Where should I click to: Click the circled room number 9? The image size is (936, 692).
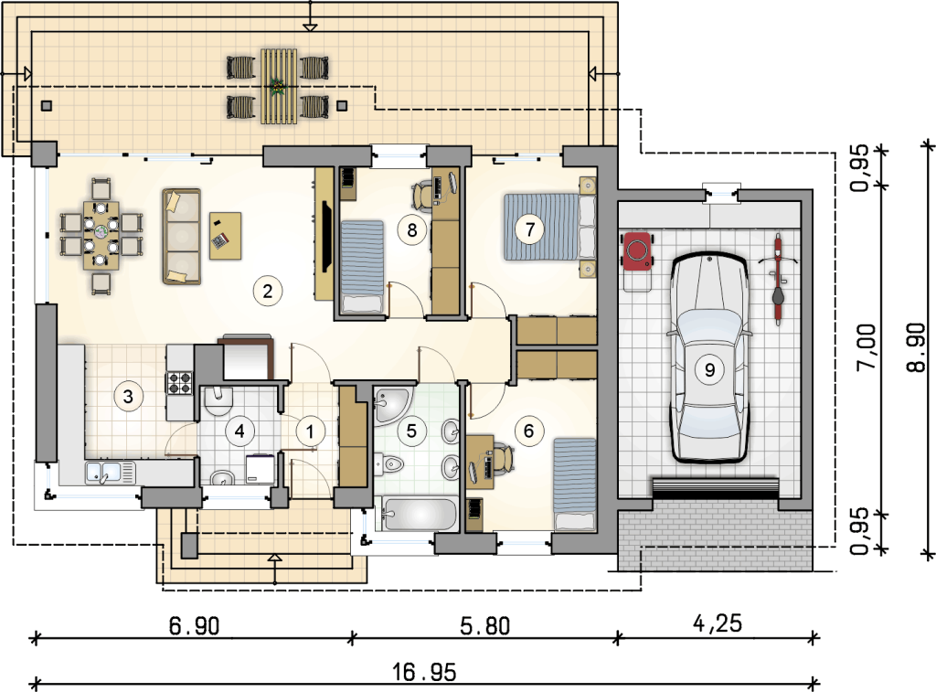709,369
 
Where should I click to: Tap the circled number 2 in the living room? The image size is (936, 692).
267,291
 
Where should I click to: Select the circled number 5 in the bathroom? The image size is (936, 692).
411,431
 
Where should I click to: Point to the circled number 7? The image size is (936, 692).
529,229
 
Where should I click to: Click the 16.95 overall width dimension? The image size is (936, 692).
424,672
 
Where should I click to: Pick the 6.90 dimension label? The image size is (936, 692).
194,626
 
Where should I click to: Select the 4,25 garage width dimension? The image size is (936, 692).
718,624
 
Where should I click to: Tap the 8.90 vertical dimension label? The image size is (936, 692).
916,346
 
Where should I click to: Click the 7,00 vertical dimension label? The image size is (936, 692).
866,346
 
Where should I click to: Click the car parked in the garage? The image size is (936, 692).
709,358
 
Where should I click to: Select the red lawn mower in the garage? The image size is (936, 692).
637,261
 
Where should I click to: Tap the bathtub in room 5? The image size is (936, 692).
417,514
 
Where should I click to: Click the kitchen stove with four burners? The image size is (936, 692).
179,383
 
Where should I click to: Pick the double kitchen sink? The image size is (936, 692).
111,473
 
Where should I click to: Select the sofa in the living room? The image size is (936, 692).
181,237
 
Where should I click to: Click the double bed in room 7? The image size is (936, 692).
549,227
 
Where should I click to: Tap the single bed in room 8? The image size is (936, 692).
361,266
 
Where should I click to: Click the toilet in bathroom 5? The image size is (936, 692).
389,463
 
